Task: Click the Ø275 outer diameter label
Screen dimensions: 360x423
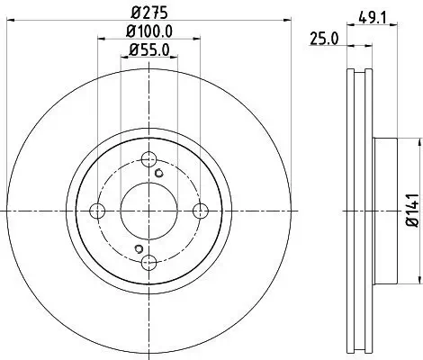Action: [150, 13]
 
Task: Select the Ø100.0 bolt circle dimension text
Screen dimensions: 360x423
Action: [151, 33]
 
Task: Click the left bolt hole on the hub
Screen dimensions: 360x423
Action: [98, 211]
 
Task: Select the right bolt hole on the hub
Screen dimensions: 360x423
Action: [202, 211]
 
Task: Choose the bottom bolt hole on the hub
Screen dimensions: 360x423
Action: [149, 262]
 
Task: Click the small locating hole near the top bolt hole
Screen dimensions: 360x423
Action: [160, 173]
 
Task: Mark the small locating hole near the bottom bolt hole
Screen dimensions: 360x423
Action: [139, 248]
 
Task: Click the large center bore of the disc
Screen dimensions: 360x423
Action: [149, 211]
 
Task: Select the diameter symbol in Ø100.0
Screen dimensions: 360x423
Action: [130, 33]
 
